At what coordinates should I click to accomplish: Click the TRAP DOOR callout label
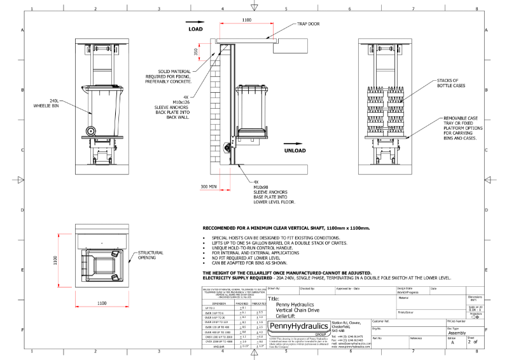click(309, 24)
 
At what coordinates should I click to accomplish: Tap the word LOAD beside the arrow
click(195, 29)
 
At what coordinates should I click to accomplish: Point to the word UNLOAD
click(297, 151)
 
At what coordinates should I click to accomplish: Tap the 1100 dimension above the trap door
click(246, 20)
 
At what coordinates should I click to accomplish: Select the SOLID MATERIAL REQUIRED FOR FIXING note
click(168, 78)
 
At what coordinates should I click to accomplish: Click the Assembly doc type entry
click(457, 333)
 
